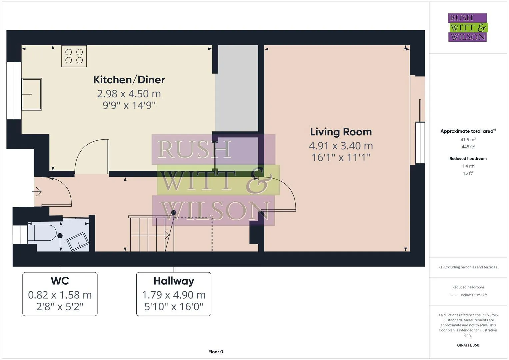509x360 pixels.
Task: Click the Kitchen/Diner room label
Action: [129, 80]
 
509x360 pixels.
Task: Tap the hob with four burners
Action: [74, 56]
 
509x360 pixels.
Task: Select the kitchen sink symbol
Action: [32, 94]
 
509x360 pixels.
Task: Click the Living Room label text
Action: [341, 132]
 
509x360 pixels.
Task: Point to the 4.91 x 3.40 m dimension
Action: [341, 146]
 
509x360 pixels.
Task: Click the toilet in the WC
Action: [42, 233]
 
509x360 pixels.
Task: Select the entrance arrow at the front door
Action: [37, 192]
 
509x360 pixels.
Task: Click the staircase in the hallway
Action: [150, 233]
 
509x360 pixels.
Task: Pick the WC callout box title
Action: [60, 281]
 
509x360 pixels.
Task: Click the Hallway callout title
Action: [174, 281]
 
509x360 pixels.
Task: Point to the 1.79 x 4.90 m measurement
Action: [174, 295]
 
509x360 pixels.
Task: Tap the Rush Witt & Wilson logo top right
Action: [467, 27]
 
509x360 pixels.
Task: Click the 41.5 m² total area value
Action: [468, 140]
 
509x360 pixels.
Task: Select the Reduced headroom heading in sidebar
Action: [468, 159]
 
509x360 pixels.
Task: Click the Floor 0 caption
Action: [216, 352]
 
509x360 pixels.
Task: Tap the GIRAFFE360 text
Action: [468, 345]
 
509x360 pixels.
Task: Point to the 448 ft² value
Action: [468, 147]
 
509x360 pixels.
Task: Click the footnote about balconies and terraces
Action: [468, 267]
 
